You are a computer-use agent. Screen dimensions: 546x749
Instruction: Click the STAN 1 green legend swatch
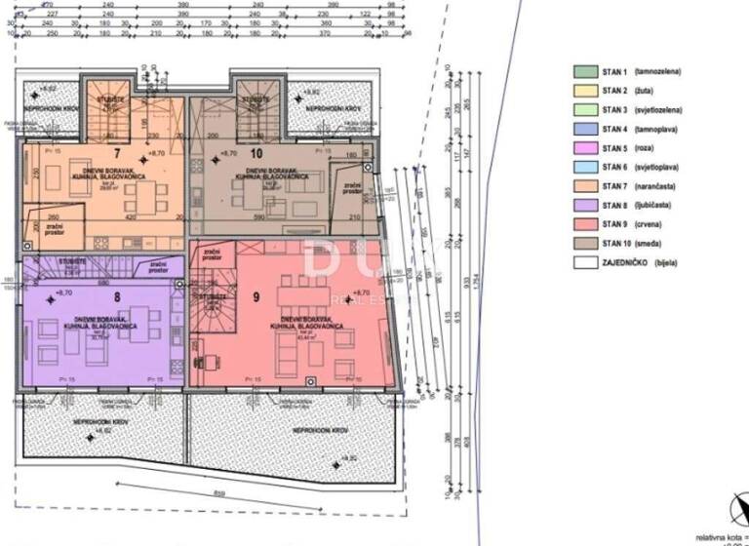585,71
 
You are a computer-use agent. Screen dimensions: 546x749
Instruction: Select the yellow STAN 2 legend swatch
585,90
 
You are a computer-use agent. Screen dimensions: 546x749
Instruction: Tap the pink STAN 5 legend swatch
585,148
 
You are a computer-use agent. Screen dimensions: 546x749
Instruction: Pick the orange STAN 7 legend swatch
585,186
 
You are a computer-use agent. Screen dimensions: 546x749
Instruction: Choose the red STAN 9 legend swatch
585,224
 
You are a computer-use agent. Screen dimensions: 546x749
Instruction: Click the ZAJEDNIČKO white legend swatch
585,262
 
